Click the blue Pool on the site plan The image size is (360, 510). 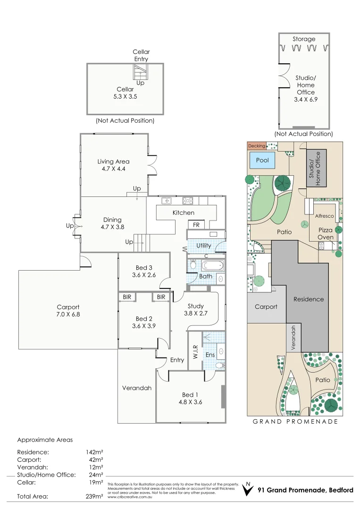[262, 161]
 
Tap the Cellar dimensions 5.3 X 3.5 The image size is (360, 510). [125, 96]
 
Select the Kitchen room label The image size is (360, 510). [183, 213]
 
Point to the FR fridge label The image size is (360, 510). [196, 225]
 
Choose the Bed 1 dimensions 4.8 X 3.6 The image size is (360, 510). [190, 402]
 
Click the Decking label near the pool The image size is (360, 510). [256, 146]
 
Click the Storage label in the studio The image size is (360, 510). [304, 39]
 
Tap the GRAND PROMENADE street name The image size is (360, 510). [295, 421]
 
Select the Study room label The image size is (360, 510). [195, 306]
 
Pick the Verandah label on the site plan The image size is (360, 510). [293, 337]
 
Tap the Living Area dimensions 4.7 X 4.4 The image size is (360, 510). [113, 169]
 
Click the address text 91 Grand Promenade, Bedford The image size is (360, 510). [305, 490]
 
